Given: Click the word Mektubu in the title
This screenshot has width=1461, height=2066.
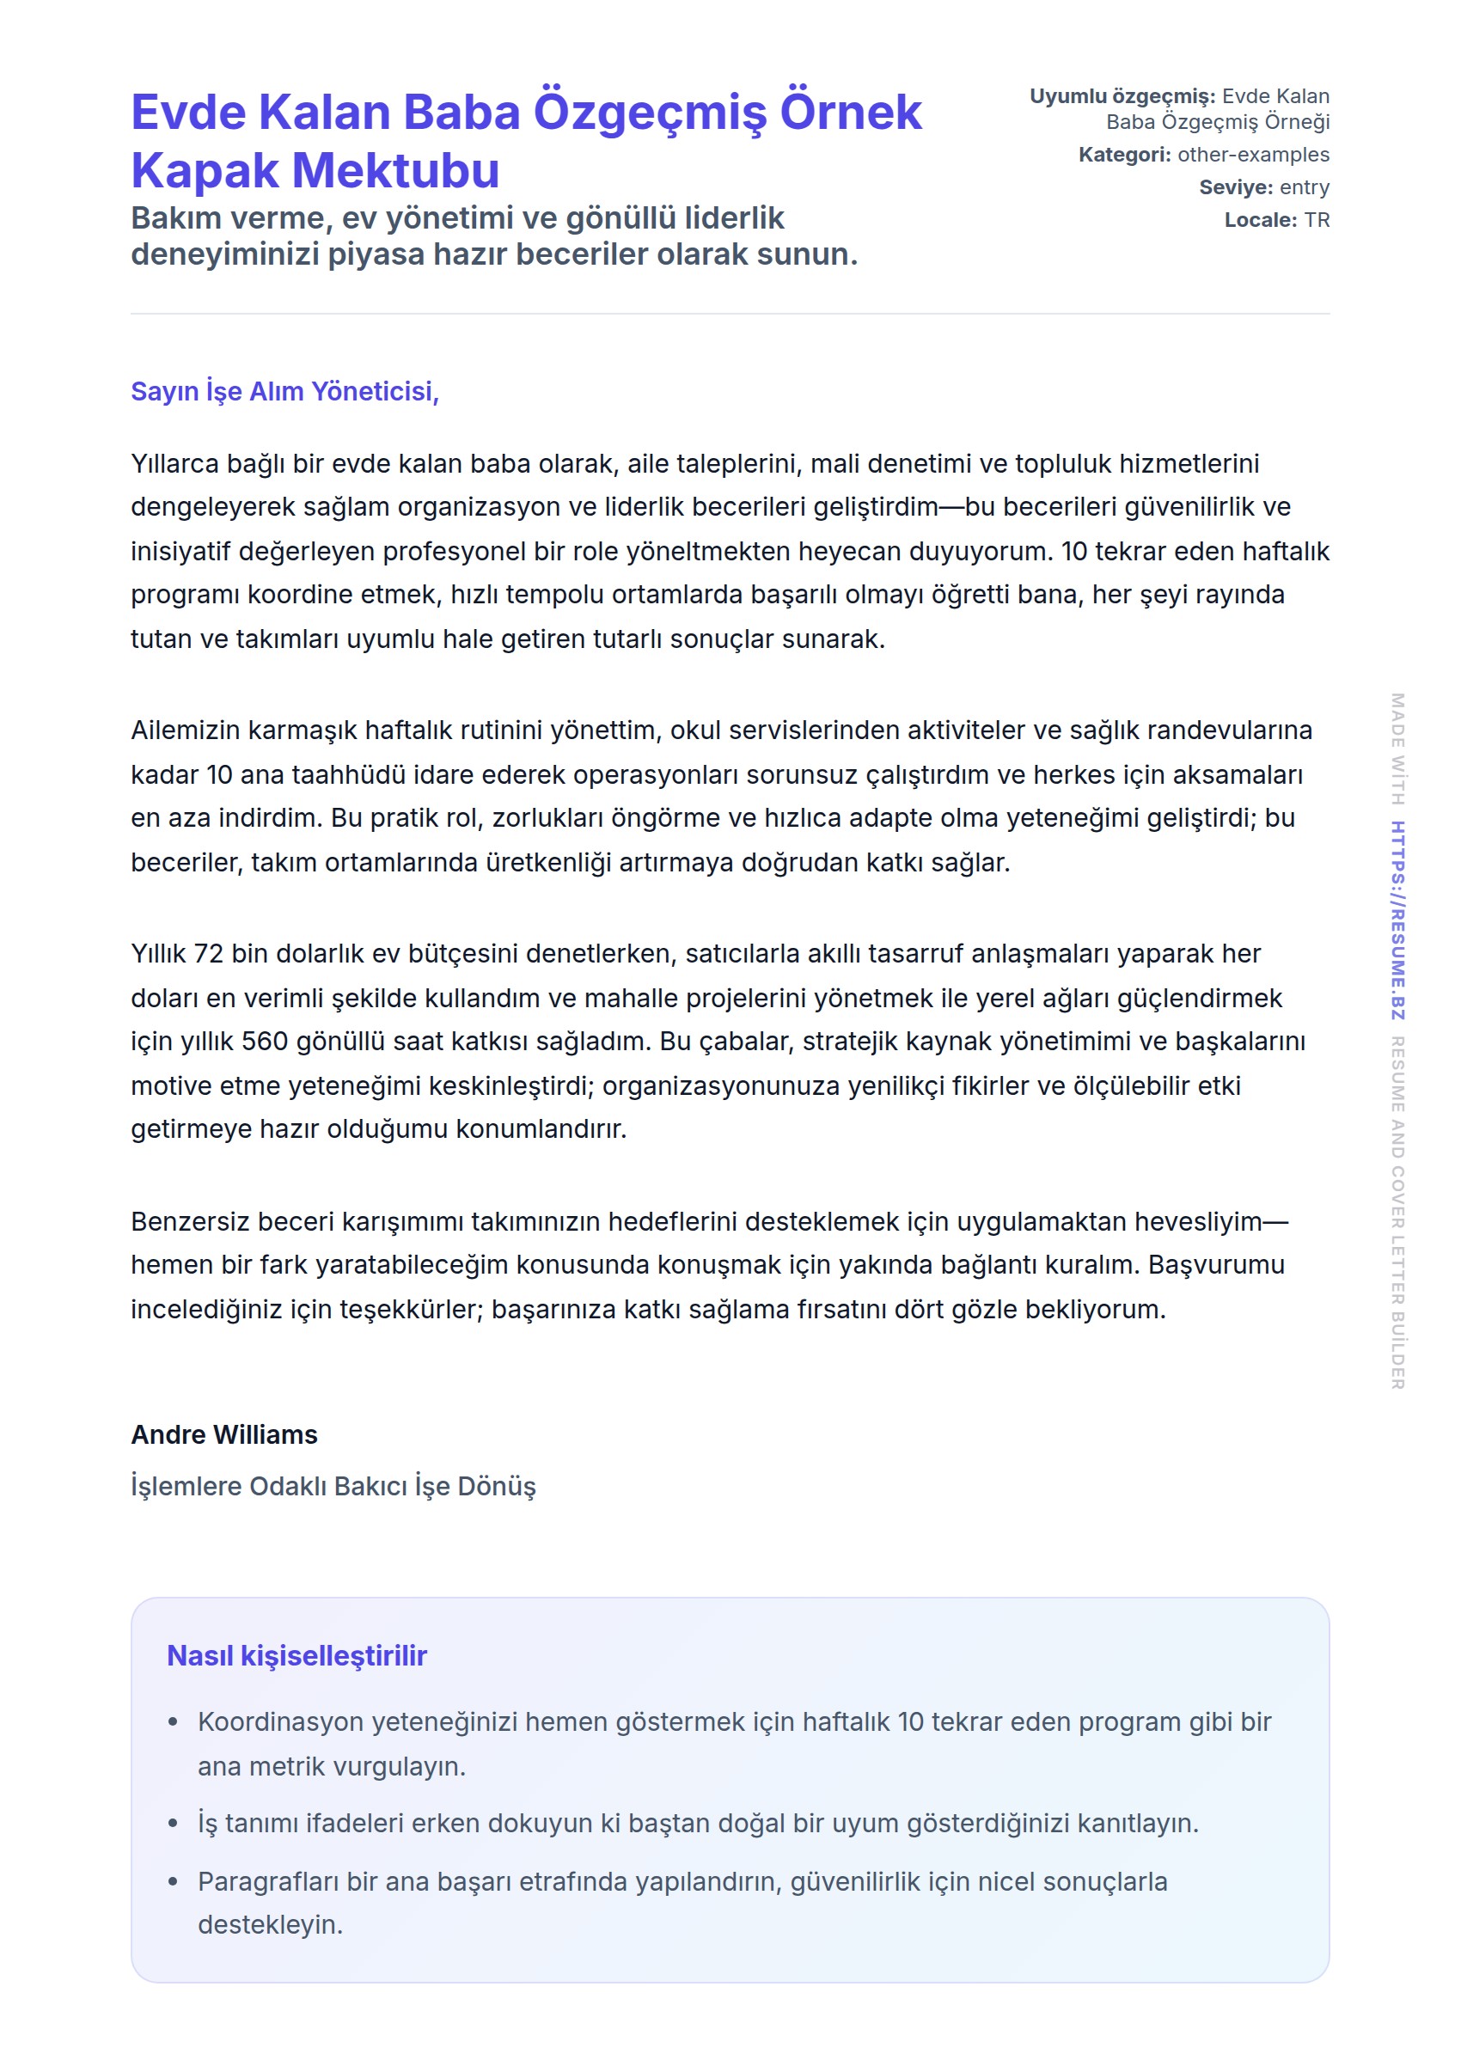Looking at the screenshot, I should click(396, 171).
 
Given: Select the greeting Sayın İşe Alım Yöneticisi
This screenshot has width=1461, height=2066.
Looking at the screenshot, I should click(284, 391).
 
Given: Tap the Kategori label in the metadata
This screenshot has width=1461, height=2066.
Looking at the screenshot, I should click(1123, 155).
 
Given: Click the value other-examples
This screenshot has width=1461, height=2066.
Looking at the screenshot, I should click(1252, 155).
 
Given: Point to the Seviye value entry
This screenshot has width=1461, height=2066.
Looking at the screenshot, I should click(1304, 187).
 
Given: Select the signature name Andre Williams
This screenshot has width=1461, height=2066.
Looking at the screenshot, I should click(224, 1434).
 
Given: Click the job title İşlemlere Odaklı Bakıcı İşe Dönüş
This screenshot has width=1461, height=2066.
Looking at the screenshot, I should click(333, 1486).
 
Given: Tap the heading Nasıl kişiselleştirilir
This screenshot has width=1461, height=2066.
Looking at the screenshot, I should click(296, 1656).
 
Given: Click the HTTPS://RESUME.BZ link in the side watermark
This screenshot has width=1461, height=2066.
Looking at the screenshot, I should click(1397, 920).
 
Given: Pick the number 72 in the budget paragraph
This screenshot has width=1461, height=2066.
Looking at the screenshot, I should click(209, 954).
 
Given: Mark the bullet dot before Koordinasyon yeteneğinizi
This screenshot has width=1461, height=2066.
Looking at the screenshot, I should click(173, 1722).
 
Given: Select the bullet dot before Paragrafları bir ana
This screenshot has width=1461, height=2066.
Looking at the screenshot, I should click(173, 1881).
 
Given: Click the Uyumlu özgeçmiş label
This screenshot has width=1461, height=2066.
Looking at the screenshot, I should click(1122, 96).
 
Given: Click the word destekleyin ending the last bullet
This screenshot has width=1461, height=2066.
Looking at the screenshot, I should click(270, 1925).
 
